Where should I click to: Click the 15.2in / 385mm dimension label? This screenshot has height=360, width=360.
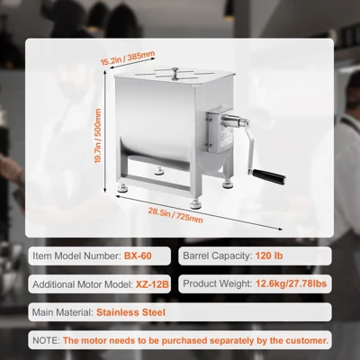(x=128, y=58)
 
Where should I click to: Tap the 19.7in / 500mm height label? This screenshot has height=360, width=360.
(x=98, y=136)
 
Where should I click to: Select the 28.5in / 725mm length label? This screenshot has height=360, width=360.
(x=175, y=215)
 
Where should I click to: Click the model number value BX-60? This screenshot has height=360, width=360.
(x=138, y=256)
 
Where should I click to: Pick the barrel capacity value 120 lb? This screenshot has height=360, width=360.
(x=269, y=256)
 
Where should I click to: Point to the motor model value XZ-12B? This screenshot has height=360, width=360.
(x=152, y=284)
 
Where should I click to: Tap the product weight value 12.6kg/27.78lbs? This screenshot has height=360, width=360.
(x=291, y=283)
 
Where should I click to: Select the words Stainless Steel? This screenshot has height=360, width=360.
(x=130, y=312)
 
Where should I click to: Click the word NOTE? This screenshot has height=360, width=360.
(x=46, y=340)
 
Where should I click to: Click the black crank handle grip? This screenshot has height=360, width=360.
(x=268, y=176)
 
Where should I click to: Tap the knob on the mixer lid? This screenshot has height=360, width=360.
(x=175, y=73)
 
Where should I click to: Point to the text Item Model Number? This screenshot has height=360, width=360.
(x=76, y=256)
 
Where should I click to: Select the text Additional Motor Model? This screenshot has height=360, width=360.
(x=83, y=284)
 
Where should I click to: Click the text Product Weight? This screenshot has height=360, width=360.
(x=218, y=283)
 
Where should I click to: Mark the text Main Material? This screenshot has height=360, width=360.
(x=63, y=312)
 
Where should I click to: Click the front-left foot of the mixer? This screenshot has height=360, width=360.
(x=122, y=188)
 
